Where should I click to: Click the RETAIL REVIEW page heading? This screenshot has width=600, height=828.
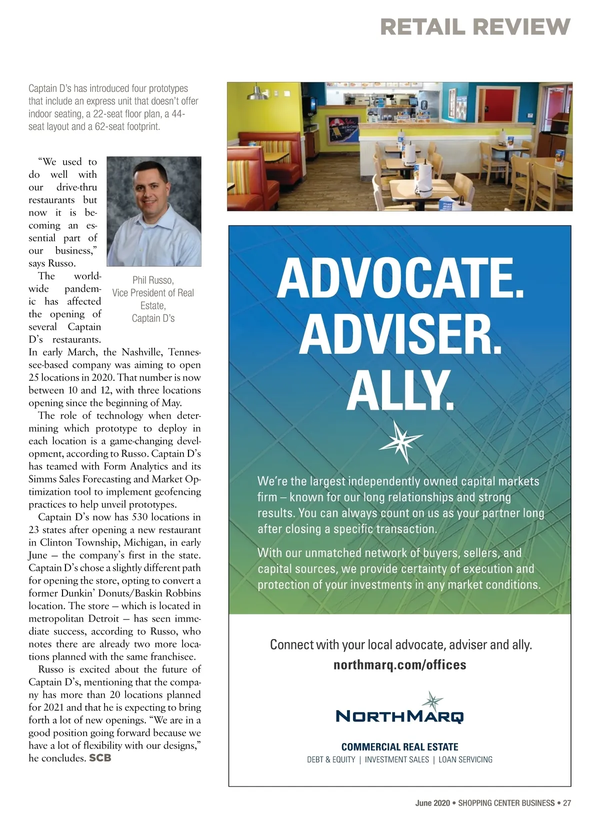click(x=474, y=26)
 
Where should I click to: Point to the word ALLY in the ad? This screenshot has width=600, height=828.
click(x=400, y=390)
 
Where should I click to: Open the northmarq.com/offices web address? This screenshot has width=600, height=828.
click(x=399, y=665)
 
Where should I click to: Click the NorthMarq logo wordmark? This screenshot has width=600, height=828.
click(x=399, y=716)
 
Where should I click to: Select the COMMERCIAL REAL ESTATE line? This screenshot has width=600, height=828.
click(x=399, y=747)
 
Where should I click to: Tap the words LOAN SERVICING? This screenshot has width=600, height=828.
click(x=465, y=760)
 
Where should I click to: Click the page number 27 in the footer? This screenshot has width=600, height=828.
click(x=566, y=803)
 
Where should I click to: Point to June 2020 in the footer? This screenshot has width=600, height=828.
click(x=432, y=803)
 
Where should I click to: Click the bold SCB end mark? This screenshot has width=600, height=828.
click(x=100, y=758)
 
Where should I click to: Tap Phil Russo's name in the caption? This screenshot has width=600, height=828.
click(x=152, y=280)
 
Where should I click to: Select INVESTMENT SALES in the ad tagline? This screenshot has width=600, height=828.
click(x=397, y=760)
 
